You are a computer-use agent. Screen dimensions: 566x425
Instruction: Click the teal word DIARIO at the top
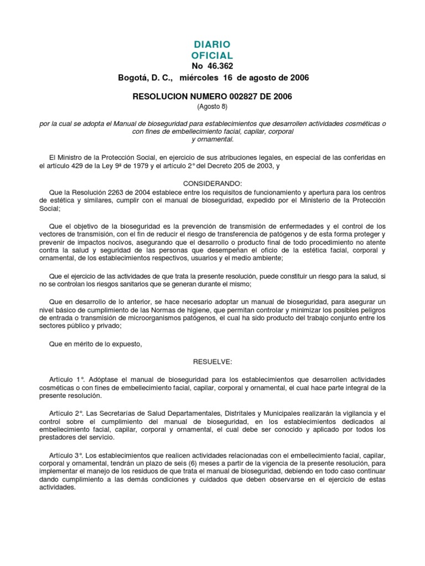pyautogui.click(x=212, y=44)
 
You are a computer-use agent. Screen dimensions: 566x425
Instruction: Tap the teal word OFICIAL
pyautogui.click(x=212, y=55)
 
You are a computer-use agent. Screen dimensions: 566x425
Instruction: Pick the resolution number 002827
pyautogui.click(x=233, y=97)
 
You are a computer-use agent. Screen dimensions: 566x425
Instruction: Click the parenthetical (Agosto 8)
pyautogui.click(x=212, y=106)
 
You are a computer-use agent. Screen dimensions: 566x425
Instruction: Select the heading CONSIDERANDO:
pyautogui.click(x=212, y=183)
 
